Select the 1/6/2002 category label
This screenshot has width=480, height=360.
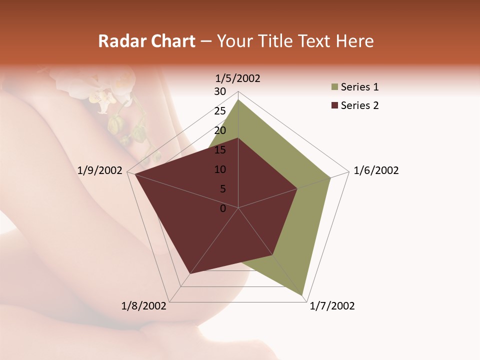pos(376,170)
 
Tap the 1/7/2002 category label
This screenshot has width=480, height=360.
pos(332,306)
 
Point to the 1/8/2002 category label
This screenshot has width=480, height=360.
pos(144,306)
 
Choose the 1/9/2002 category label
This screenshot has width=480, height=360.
pos(100,170)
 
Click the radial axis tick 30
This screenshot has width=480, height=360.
pos(220,91)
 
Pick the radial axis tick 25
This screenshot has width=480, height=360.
pos(220,111)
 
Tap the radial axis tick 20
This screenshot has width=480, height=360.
pos(220,130)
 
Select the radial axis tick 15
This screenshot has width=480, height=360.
pos(220,150)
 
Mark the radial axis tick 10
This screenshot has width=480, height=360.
pos(220,169)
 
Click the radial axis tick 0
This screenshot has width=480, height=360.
pos(223,208)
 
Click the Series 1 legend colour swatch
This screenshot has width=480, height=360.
pos(334,87)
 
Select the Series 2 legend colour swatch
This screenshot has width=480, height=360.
pos(334,105)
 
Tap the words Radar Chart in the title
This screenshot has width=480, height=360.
pos(146,41)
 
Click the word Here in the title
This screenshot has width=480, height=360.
pos(354,41)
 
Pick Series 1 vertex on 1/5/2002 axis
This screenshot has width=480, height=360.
pos(238,100)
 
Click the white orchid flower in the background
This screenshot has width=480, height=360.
pos(102,100)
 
